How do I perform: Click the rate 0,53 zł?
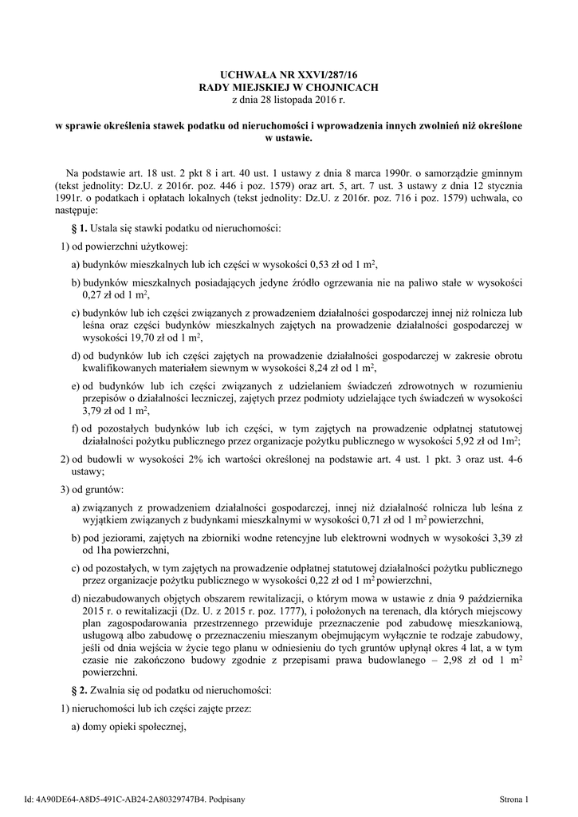click(x=322, y=264)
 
